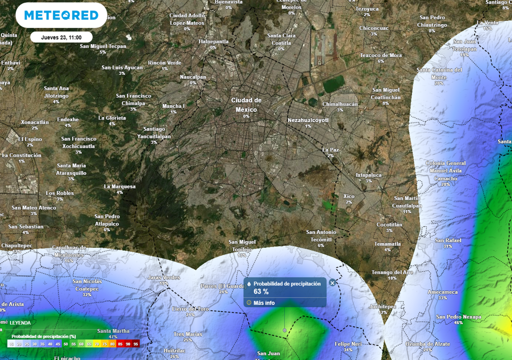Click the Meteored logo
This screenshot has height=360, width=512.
[61, 15]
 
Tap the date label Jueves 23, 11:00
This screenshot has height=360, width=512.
[61, 37]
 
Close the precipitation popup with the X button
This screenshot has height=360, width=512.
[332, 283]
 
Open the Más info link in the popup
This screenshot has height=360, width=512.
[264, 302]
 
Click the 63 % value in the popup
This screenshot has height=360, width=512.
[261, 291]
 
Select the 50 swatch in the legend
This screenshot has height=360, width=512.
[65, 344]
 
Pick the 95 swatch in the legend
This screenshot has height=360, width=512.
[136, 344]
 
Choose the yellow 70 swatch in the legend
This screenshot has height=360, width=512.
[97, 344]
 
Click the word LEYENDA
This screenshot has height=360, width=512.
[20, 323]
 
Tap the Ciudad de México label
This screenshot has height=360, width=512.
[246, 104]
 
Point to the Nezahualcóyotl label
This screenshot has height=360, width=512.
[308, 120]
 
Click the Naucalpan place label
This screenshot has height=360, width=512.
[193, 77]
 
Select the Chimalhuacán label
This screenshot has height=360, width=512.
[340, 104]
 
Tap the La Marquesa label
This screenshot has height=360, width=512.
[119, 186]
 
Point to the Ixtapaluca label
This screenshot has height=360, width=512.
[368, 175]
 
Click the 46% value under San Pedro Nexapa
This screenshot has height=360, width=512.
[458, 322]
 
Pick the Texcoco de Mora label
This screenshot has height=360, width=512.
[381, 55]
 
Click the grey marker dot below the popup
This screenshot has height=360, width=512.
[284, 330]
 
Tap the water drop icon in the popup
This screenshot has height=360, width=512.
[249, 284]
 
